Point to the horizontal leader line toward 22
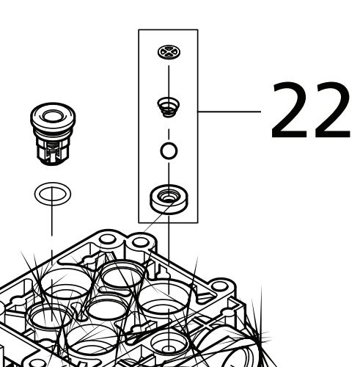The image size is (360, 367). (x=229, y=112)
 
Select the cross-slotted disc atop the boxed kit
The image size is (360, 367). (x=169, y=52)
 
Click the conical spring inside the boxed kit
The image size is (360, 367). (x=169, y=107)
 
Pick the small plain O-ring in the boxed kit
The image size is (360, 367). (x=169, y=150)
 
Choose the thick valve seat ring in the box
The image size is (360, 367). (x=169, y=200)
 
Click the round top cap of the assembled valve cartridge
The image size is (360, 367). (x=53, y=117)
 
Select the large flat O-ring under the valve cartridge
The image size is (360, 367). (x=53, y=194)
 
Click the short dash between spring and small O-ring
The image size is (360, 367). (x=169, y=134)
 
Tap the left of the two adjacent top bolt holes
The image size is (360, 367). (x=108, y=239)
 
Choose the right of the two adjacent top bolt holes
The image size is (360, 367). (x=139, y=242)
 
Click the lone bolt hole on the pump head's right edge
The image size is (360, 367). (x=219, y=286)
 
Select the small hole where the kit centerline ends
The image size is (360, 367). (x=168, y=349)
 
